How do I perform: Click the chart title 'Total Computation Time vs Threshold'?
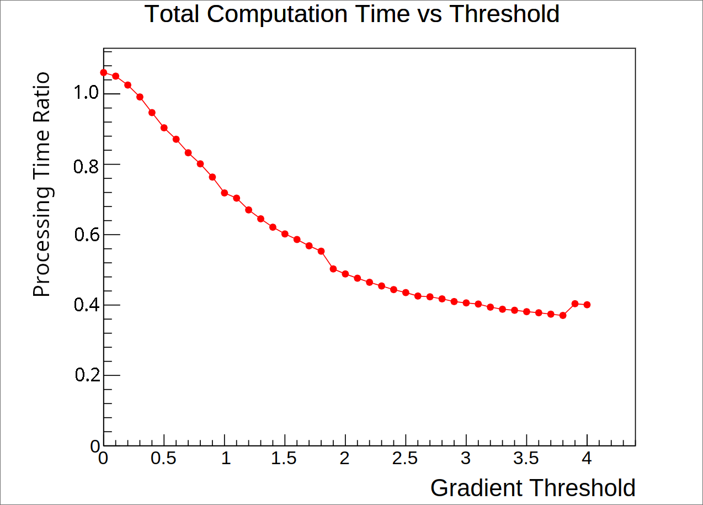click(x=352, y=14)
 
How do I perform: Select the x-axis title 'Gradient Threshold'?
click(x=533, y=488)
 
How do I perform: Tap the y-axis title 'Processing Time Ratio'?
click(x=42, y=184)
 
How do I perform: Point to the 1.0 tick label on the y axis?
click(x=86, y=92)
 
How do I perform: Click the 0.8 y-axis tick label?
click(x=86, y=166)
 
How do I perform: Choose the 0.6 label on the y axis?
click(x=87, y=235)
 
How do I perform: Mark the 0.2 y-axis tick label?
click(x=88, y=374)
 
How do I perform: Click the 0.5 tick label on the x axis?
click(x=163, y=458)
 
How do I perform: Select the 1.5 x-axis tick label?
click(x=284, y=458)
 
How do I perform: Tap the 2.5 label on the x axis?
click(x=405, y=458)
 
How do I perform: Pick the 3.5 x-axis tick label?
click(x=526, y=458)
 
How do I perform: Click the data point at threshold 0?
click(x=104, y=72)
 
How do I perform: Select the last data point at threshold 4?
click(x=587, y=305)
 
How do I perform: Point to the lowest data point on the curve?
click(x=563, y=316)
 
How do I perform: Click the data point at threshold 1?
click(x=225, y=193)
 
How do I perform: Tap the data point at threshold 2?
click(x=345, y=274)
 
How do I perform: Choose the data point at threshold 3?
click(x=466, y=303)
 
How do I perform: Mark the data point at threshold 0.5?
click(x=164, y=127)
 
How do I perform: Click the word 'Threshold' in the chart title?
click(x=505, y=14)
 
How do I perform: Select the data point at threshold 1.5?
click(x=285, y=234)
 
